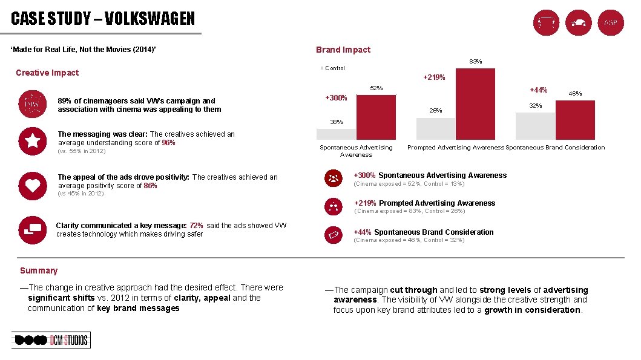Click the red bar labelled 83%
(475, 104)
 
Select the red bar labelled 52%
(376, 117)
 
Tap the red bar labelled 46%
(575, 120)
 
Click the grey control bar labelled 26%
(435, 129)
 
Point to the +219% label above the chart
(434, 77)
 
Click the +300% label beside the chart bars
(336, 98)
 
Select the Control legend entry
(334, 68)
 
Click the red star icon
(32, 142)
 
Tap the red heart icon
(32, 186)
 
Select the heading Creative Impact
(47, 73)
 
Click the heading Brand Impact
(343, 50)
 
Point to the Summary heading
(39, 270)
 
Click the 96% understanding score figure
(168, 143)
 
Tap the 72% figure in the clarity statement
(196, 226)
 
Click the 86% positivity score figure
(150, 186)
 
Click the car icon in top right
(578, 23)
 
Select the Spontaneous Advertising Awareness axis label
(356, 151)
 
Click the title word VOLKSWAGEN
(150, 19)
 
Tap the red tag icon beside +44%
(334, 234)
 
